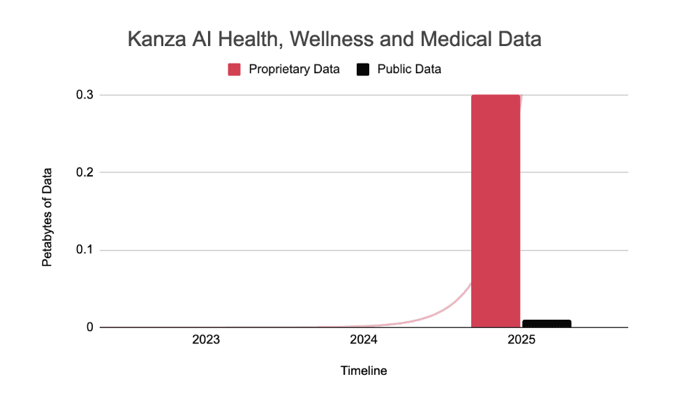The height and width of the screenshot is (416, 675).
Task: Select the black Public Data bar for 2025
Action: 547,323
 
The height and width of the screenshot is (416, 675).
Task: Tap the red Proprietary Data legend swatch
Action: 235,69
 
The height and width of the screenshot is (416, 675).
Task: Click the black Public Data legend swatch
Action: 363,69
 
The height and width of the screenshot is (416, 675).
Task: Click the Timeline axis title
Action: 364,371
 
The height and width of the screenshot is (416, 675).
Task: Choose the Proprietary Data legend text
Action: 294,69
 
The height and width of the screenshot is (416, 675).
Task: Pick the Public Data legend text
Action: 409,69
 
